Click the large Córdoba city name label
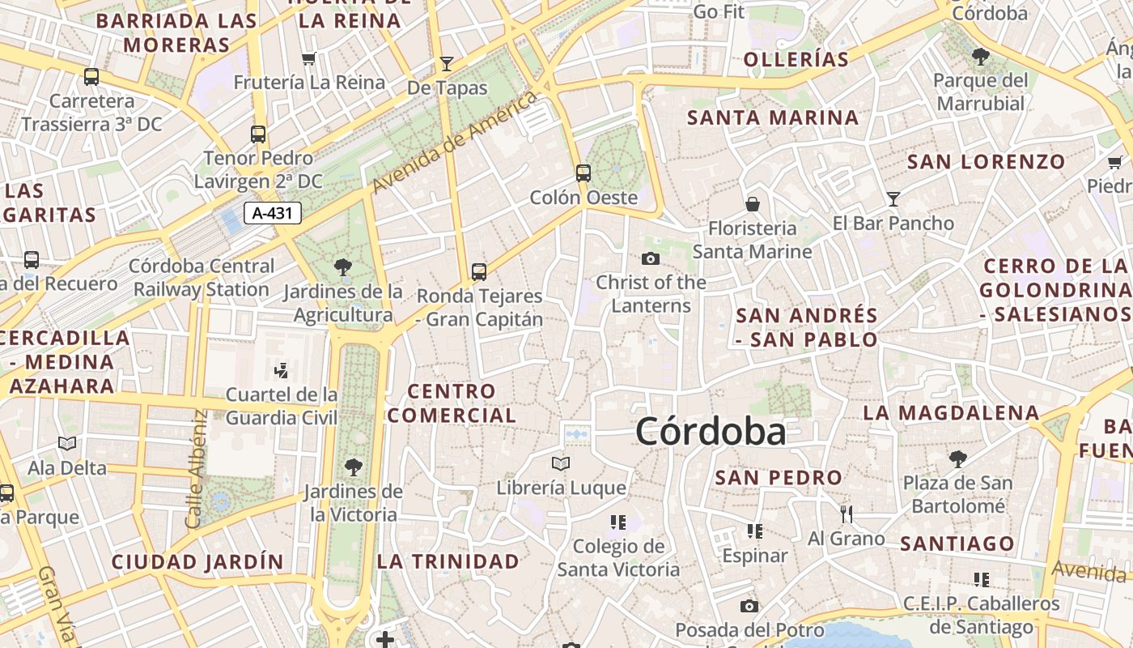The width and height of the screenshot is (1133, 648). click(710, 431)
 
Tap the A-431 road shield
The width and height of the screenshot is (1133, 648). click(273, 213)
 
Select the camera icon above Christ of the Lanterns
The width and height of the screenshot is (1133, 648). click(650, 258)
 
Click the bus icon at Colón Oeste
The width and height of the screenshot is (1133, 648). click(583, 173)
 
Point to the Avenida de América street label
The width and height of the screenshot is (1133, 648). click(454, 143)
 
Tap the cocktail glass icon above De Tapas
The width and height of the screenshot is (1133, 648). click(446, 63)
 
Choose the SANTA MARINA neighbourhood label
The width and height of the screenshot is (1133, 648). click(773, 117)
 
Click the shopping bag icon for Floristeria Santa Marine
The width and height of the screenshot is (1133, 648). click(752, 203)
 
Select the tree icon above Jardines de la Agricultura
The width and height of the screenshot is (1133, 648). click(343, 266)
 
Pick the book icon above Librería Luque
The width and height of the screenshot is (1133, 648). click(560, 463)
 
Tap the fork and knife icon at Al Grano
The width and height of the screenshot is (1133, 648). click(847, 514)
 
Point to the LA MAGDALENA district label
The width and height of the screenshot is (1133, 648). click(951, 412)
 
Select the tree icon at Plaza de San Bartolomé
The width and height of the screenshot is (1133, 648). click(957, 459)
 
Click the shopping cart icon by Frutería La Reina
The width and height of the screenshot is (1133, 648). click(308, 58)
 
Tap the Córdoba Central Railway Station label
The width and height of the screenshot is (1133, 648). click(202, 277)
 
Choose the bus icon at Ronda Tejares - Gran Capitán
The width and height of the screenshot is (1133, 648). click(479, 271)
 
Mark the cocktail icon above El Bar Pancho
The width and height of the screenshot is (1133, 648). click(893, 198)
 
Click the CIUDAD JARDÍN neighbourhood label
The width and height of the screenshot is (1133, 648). click(197, 561)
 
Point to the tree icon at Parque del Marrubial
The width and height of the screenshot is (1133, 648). click(980, 56)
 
